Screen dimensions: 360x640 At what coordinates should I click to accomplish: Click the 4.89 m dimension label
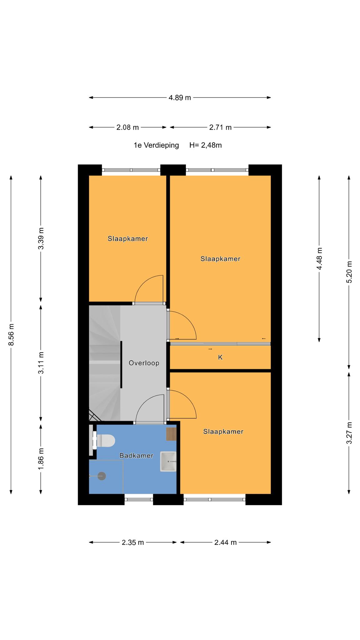[x=180, y=97]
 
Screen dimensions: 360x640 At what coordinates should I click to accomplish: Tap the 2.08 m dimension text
[x=127, y=127]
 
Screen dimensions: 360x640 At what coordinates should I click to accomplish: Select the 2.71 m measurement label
[x=220, y=127]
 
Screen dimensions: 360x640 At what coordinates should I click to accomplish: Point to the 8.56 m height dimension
[x=11, y=335]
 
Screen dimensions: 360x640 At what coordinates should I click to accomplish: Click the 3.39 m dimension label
[x=41, y=238]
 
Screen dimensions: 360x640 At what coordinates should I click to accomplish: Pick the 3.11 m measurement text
[x=41, y=362]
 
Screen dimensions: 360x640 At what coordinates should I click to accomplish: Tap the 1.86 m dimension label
[x=41, y=458]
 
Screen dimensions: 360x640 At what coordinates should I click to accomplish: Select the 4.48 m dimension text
[x=319, y=258]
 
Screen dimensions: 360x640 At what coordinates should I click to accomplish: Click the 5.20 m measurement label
[x=349, y=272]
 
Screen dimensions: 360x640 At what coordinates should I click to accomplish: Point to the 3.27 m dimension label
[x=349, y=432]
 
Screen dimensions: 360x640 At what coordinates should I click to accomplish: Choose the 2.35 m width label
[x=133, y=542]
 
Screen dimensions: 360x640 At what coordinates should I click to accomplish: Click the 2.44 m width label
[x=225, y=542]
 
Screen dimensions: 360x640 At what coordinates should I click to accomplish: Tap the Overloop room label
[x=144, y=363]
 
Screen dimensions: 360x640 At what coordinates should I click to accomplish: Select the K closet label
[x=220, y=357]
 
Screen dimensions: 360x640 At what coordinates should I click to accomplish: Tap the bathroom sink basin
[x=168, y=461]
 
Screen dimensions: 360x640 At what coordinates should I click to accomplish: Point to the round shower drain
[x=102, y=476]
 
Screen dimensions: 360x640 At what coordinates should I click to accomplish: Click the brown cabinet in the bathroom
[x=171, y=434]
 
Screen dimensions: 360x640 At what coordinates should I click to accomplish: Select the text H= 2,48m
[x=206, y=145]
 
